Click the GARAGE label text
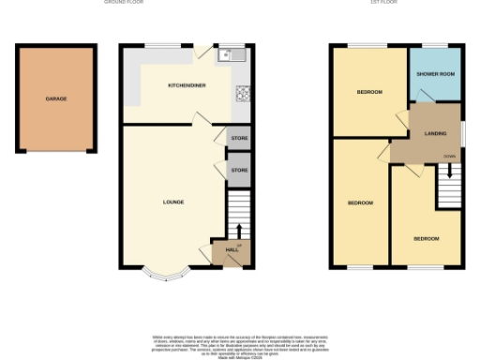(x=56, y=98)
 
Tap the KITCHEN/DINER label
(x=187, y=85)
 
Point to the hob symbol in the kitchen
(x=242, y=93)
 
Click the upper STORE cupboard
(x=239, y=140)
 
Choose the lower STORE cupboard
(x=239, y=170)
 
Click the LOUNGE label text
(x=173, y=202)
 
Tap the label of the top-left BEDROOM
(x=368, y=92)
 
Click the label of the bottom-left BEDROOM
(x=360, y=203)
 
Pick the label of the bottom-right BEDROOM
(x=427, y=238)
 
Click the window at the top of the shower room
(x=433, y=45)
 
